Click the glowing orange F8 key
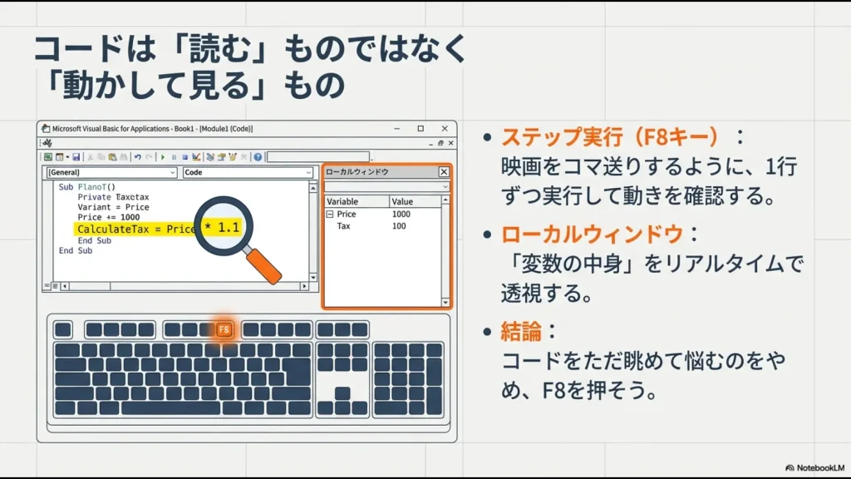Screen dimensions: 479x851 224,330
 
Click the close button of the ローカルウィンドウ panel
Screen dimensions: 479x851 443,172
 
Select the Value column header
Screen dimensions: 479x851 402,201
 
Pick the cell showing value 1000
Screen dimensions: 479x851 401,215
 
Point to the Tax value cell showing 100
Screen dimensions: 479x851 399,226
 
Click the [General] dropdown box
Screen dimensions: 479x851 111,173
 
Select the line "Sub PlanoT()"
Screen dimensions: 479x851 87,187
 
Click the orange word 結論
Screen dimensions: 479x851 521,332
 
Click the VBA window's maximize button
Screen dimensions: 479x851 421,129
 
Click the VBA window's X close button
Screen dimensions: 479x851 445,129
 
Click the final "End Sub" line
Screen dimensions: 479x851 76,250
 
